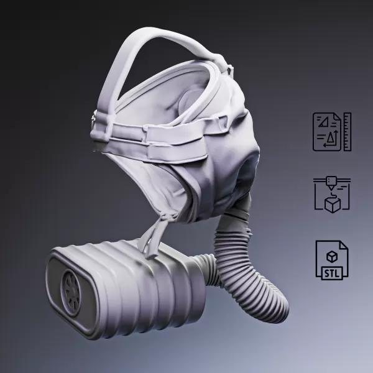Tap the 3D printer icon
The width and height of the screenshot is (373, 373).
pos(331,195)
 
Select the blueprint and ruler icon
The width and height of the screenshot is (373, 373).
pos(331,131)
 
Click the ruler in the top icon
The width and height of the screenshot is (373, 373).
pos(347,131)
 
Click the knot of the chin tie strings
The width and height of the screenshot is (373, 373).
pos(164,215)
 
